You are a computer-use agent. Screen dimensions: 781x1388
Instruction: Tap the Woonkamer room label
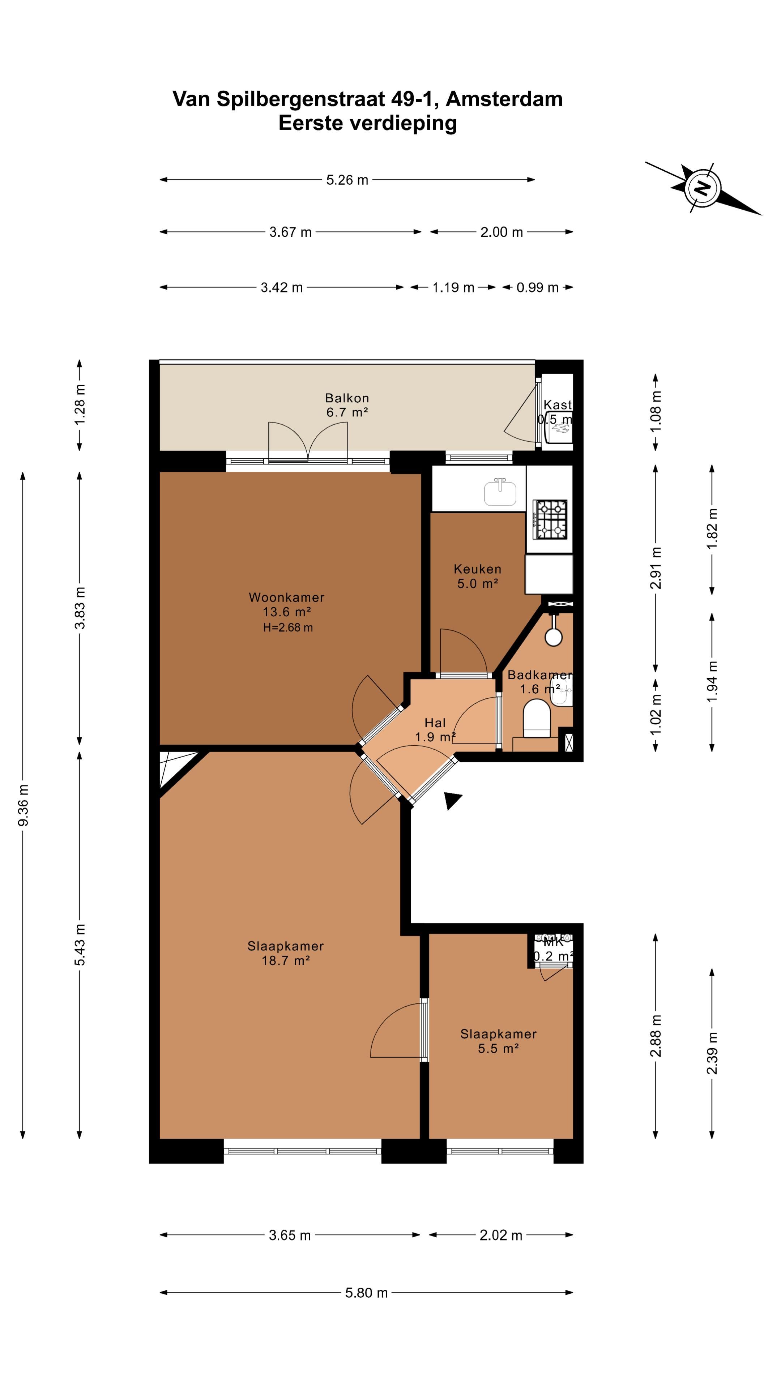[286, 597]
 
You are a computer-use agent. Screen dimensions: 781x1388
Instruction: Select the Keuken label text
[478, 569]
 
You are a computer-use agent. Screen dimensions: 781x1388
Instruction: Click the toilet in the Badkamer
[537, 718]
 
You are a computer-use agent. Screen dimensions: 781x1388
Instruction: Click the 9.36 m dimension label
[23, 805]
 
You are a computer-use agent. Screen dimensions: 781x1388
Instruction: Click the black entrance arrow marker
[452, 801]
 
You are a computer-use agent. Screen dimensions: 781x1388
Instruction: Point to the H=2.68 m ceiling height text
[288, 627]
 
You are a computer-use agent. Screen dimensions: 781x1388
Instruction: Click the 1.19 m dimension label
[453, 288]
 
